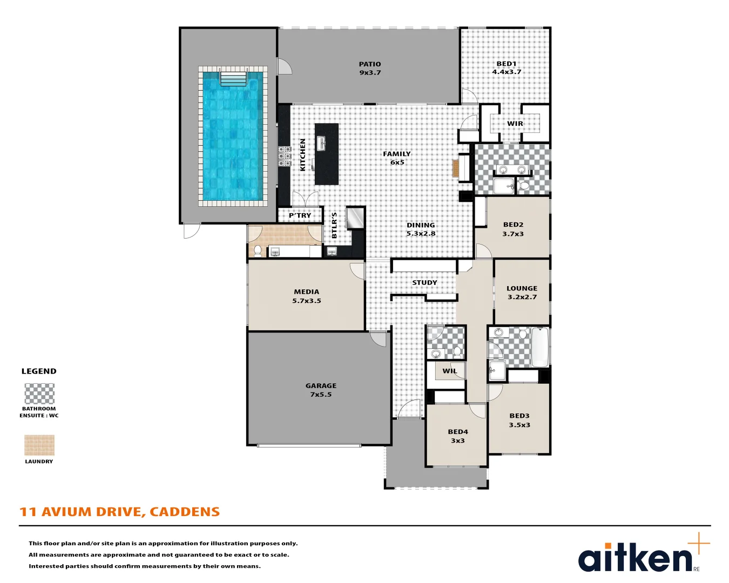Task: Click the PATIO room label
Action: [x=370, y=64]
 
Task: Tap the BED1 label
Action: [x=507, y=64]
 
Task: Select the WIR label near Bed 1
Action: [x=515, y=124]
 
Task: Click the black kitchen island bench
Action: [x=327, y=154]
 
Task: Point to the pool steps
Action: [x=233, y=79]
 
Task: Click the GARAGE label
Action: [x=321, y=386]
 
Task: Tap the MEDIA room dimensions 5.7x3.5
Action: [x=307, y=301]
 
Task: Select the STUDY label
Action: [x=424, y=283]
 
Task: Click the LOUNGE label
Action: [x=522, y=288]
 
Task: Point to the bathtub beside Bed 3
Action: [x=539, y=347]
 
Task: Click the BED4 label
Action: [x=458, y=432]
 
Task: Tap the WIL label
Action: [x=450, y=371]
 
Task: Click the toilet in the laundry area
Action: [x=258, y=250]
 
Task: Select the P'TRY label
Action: [x=300, y=215]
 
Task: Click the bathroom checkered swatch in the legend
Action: [x=39, y=394]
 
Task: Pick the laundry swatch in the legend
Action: [x=39, y=445]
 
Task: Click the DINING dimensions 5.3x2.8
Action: [x=421, y=234]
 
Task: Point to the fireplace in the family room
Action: [x=455, y=167]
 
